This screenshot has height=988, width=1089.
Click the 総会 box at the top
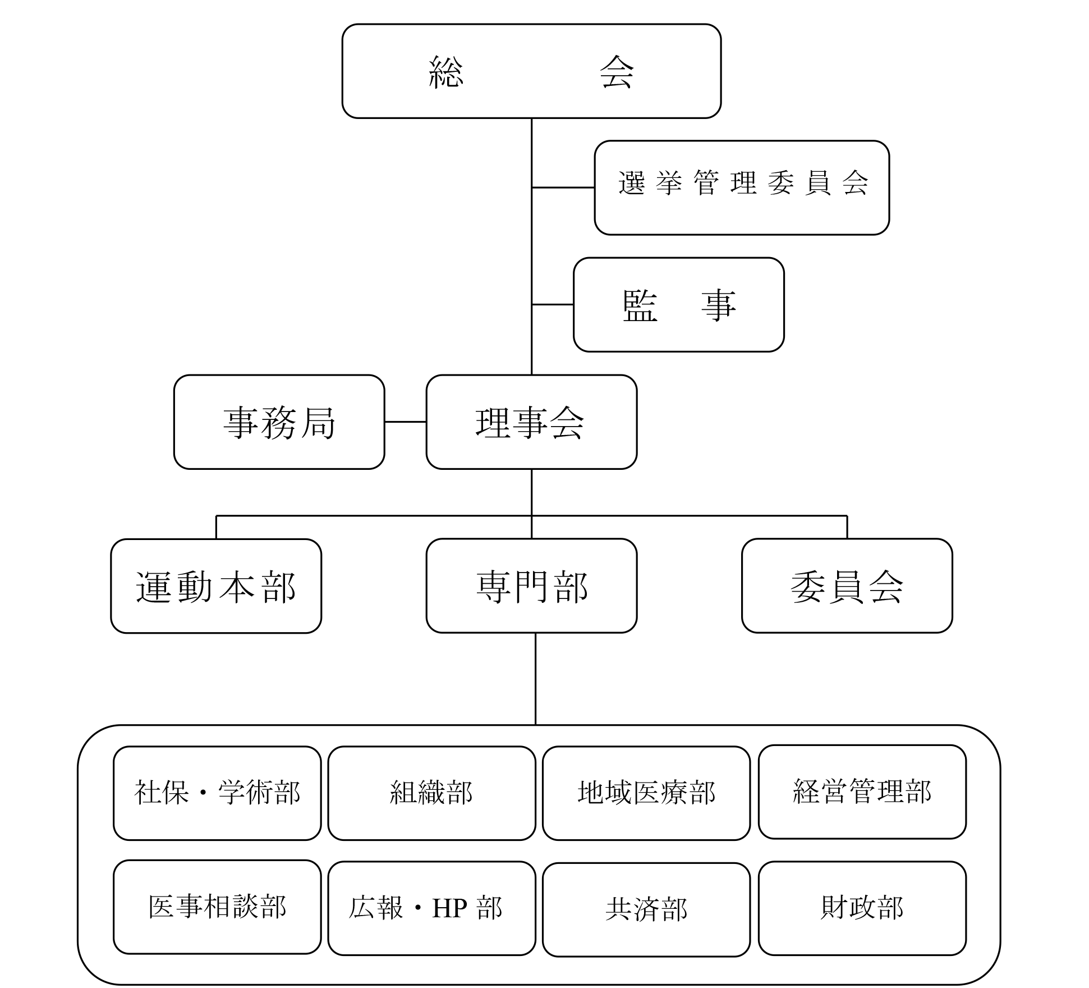pyautogui.click(x=531, y=71)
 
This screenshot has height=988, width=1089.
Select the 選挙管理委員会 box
pyautogui.click(x=742, y=187)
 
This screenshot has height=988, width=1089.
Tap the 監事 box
pyautogui.click(x=678, y=305)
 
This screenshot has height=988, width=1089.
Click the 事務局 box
pyautogui.click(x=279, y=422)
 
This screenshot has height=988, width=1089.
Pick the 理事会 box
pyautogui.click(x=531, y=422)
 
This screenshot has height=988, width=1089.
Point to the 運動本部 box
pyautogui.click(x=216, y=586)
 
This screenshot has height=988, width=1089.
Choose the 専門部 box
pyautogui.click(x=531, y=586)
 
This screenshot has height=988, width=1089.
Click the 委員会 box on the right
pyautogui.click(x=847, y=586)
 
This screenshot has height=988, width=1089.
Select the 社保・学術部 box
pyautogui.click(x=217, y=793)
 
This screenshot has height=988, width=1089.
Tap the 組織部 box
pyautogui.click(x=431, y=793)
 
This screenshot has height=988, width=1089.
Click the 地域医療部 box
pyautogui.click(x=646, y=793)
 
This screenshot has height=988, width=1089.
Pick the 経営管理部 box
pyautogui.click(x=862, y=792)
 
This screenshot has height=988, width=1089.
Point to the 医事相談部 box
pyautogui.click(x=217, y=907)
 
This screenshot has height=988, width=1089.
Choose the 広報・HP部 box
pyautogui.click(x=431, y=908)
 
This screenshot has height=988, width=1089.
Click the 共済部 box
pyautogui.click(x=646, y=909)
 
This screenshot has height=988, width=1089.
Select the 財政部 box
pyautogui.click(x=862, y=908)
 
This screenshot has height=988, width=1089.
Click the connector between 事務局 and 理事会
pyautogui.click(x=405, y=422)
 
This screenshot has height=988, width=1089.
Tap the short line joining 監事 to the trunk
pyautogui.click(x=552, y=305)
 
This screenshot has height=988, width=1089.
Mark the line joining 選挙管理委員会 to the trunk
pyautogui.click(x=563, y=187)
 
